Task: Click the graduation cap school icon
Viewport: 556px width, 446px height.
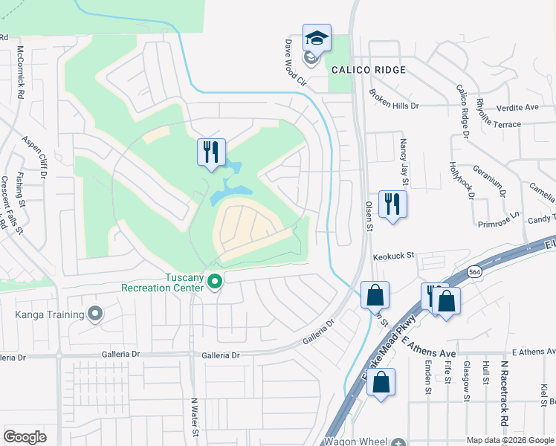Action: click(x=317, y=39)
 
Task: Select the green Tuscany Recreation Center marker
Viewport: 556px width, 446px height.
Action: click(x=215, y=282)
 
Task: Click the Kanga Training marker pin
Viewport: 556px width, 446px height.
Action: click(x=94, y=314)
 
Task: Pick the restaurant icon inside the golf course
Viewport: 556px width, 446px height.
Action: click(x=211, y=152)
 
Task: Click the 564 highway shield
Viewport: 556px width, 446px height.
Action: click(x=473, y=273)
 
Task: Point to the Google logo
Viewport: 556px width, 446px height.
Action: click(x=25, y=437)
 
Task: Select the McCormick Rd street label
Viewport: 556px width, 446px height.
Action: click(x=21, y=74)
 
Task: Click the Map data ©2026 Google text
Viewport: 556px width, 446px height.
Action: click(x=509, y=440)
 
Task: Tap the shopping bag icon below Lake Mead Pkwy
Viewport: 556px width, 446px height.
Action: click(x=381, y=384)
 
